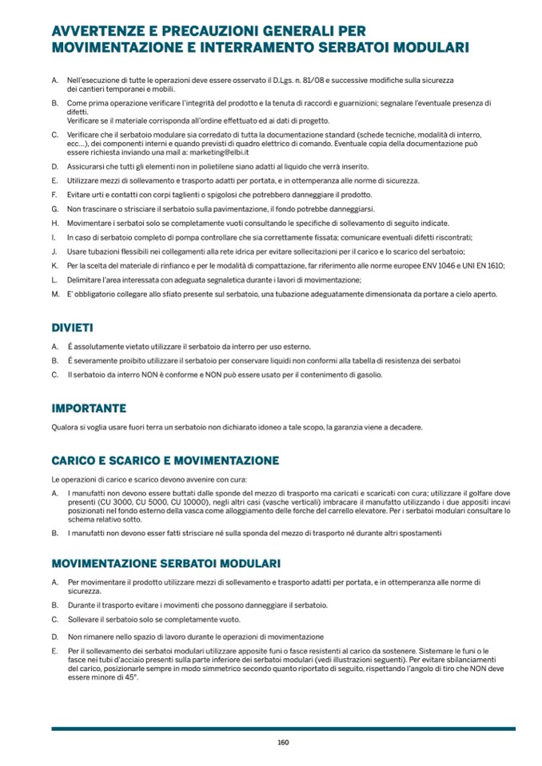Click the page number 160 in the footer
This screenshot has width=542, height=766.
click(x=283, y=742)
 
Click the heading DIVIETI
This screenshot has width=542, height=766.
click(x=72, y=327)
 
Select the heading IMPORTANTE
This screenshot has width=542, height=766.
click(x=89, y=408)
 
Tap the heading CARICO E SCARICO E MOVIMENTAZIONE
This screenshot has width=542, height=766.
click(x=165, y=461)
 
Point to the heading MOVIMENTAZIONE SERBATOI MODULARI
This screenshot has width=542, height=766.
click(x=165, y=564)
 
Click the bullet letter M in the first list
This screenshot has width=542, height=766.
click(x=55, y=294)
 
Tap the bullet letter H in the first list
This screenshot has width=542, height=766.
click(x=54, y=223)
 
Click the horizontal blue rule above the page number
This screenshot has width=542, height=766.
click(x=283, y=728)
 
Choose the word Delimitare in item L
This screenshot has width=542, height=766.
click(x=85, y=279)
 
